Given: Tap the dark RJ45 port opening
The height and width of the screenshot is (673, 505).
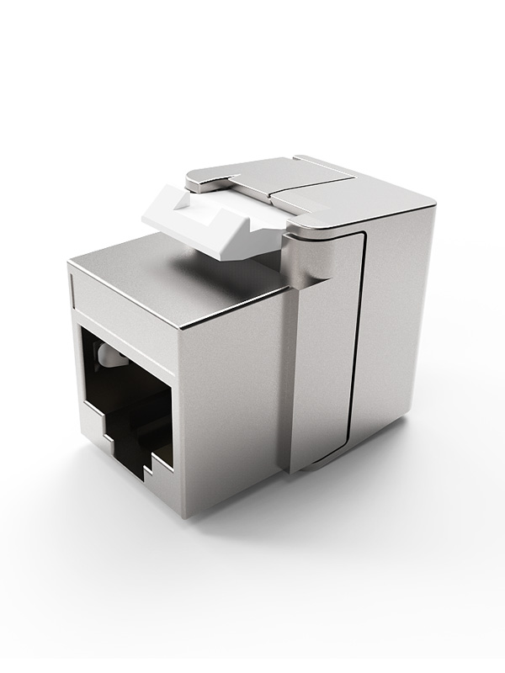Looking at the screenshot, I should coord(126,395).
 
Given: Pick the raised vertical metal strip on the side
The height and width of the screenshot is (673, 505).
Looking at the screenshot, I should coord(324,353).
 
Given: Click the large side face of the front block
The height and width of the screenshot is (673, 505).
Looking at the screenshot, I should coord(231,395).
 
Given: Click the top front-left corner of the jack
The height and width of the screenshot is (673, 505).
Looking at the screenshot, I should coord(71,266).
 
